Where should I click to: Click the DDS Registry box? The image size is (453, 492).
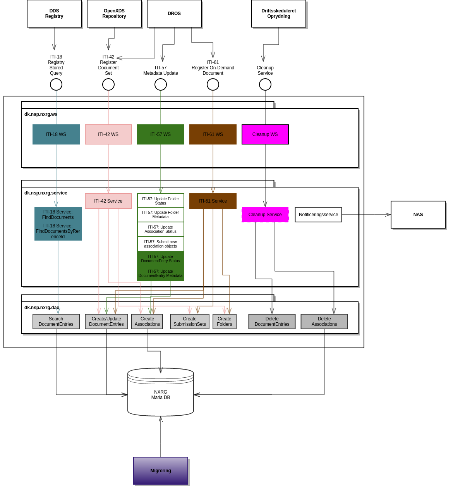coord(54,14)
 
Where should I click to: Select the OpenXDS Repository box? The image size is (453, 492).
coord(114,14)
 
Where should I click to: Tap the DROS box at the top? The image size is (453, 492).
coord(174,14)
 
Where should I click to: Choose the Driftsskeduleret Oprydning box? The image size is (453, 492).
coord(279,14)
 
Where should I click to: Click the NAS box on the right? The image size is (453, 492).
coord(418,215)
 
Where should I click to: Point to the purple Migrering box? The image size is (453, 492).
coord(161,471)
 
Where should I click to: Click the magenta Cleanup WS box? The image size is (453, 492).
coord(265,134)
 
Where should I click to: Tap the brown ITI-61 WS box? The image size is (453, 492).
coord(213,134)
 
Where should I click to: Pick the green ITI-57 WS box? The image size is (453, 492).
coord(161,134)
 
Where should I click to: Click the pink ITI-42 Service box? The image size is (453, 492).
coord(108,201)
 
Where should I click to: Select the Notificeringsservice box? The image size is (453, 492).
coord(318,215)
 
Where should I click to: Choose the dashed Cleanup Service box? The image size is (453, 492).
coord(265,215)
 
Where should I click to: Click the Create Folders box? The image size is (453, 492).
coord(225,322)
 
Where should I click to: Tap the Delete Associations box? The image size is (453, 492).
coord(324,322)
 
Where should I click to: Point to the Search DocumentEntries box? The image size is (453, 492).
coord(56,322)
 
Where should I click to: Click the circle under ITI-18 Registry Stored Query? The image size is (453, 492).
coord(56,84)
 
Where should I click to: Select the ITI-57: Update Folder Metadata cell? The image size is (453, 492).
coord(161,215)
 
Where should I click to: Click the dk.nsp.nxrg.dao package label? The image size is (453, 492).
coord(42,308)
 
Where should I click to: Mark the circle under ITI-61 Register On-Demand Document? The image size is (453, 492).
coord(213,84)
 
